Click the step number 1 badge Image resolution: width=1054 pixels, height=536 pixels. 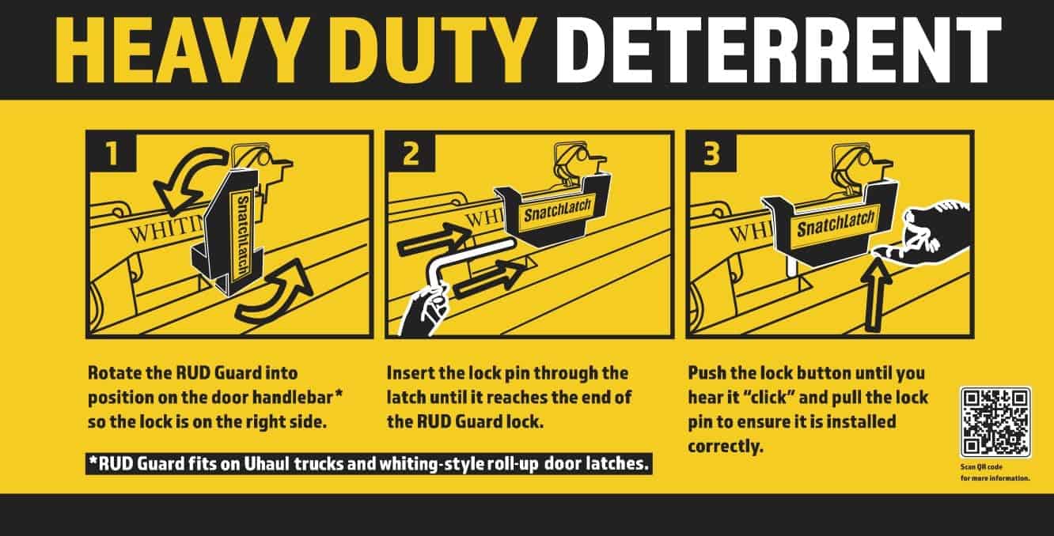[x=112, y=153]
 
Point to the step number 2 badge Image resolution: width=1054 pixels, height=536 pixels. [x=411, y=153]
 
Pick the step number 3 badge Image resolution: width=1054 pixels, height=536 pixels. [x=712, y=153]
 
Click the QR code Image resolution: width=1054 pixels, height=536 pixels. [x=995, y=422]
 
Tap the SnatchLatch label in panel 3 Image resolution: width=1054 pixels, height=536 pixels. [x=836, y=223]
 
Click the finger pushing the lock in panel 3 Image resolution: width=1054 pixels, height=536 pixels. [x=918, y=237]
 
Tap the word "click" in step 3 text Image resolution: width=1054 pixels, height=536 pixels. [x=768, y=398]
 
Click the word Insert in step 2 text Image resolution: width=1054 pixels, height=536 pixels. [x=409, y=373]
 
